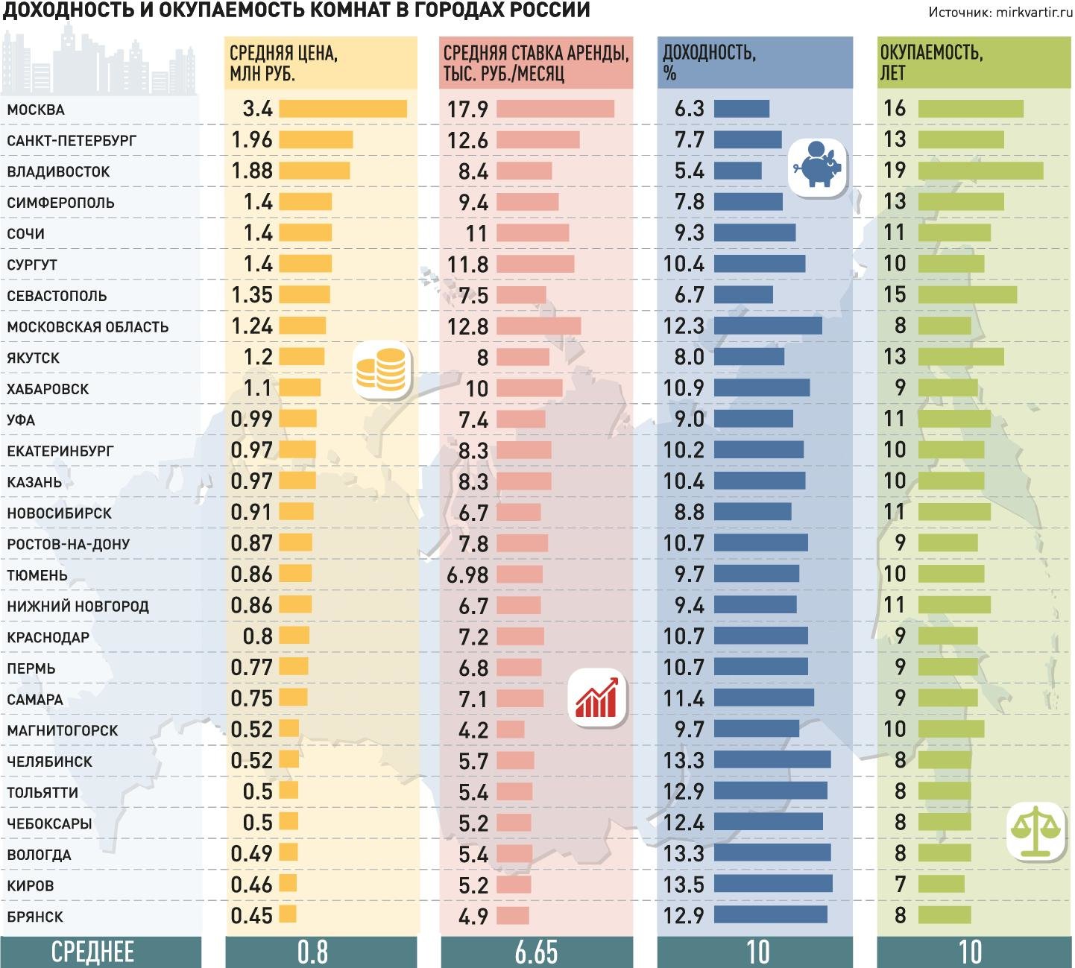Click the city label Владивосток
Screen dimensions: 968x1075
click(58, 172)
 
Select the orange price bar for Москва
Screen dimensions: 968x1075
click(343, 109)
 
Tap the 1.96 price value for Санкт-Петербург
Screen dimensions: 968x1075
click(252, 140)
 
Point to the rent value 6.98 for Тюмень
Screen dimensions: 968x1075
click(467, 575)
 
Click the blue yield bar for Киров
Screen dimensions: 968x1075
click(773, 884)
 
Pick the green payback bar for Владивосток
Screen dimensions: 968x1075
click(980, 171)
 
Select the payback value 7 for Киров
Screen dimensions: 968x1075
click(900, 884)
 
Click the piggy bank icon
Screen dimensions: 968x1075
click(818, 168)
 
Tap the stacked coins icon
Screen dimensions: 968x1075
click(381, 368)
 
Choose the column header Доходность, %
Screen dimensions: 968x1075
click(709, 63)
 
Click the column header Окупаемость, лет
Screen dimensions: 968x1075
click(931, 63)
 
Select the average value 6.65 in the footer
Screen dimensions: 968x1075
click(536, 952)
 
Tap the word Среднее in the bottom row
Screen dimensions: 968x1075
click(93, 952)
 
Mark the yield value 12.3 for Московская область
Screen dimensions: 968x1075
click(684, 326)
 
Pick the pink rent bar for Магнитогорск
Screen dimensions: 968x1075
click(511, 730)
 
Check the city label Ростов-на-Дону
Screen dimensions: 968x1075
click(69, 545)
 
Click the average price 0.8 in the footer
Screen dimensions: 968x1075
click(312, 952)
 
